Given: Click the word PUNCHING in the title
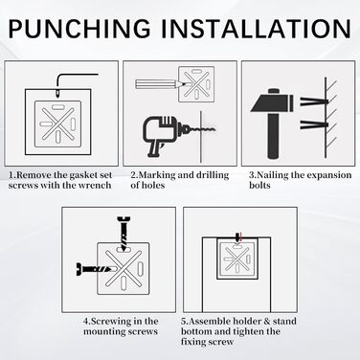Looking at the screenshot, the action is click(79, 29).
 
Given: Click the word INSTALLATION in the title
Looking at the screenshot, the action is click(256, 29).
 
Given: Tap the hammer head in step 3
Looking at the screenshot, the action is click(272, 101).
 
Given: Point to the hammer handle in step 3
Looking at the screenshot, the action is click(273, 135).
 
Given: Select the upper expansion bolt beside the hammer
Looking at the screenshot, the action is click(314, 102).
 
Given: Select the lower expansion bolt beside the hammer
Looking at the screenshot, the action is click(314, 124).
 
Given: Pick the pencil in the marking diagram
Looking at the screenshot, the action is click(160, 84).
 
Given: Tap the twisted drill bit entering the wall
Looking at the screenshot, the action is click(200, 129).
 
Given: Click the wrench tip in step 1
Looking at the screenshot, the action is click(57, 93).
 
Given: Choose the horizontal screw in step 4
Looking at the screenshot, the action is click(95, 269).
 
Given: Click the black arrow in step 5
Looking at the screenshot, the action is click(236, 237).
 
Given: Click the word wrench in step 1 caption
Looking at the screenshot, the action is click(96, 186).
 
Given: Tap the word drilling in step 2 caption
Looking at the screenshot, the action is click(213, 175).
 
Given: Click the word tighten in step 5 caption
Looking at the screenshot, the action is click(249, 331).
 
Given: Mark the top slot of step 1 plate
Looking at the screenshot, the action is click(58, 107).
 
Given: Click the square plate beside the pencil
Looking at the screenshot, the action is click(196, 84).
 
